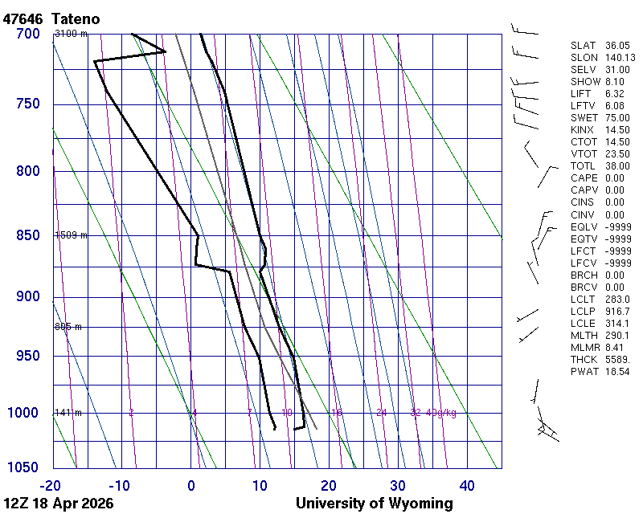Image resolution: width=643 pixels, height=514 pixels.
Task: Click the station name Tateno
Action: [x=77, y=18]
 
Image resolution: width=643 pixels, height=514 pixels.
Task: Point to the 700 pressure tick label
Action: [x=27, y=34]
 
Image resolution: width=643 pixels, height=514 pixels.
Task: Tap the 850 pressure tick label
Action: [x=27, y=235]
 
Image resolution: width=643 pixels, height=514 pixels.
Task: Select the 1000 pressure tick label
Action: [x=23, y=413]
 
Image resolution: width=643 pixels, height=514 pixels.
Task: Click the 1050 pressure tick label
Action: [x=23, y=467]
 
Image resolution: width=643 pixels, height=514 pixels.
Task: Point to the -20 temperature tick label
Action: [x=50, y=485]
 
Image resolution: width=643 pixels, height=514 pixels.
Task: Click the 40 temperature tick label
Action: [x=467, y=485]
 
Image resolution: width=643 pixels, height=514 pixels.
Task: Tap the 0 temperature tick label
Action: [x=191, y=485]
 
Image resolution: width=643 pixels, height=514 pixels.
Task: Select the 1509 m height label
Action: [x=70, y=235]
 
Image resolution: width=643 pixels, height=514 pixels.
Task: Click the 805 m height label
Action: [x=68, y=327]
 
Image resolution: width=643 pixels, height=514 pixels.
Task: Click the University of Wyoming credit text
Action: [x=374, y=504]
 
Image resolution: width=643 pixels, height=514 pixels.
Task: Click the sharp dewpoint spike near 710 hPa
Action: [x=165, y=52]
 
